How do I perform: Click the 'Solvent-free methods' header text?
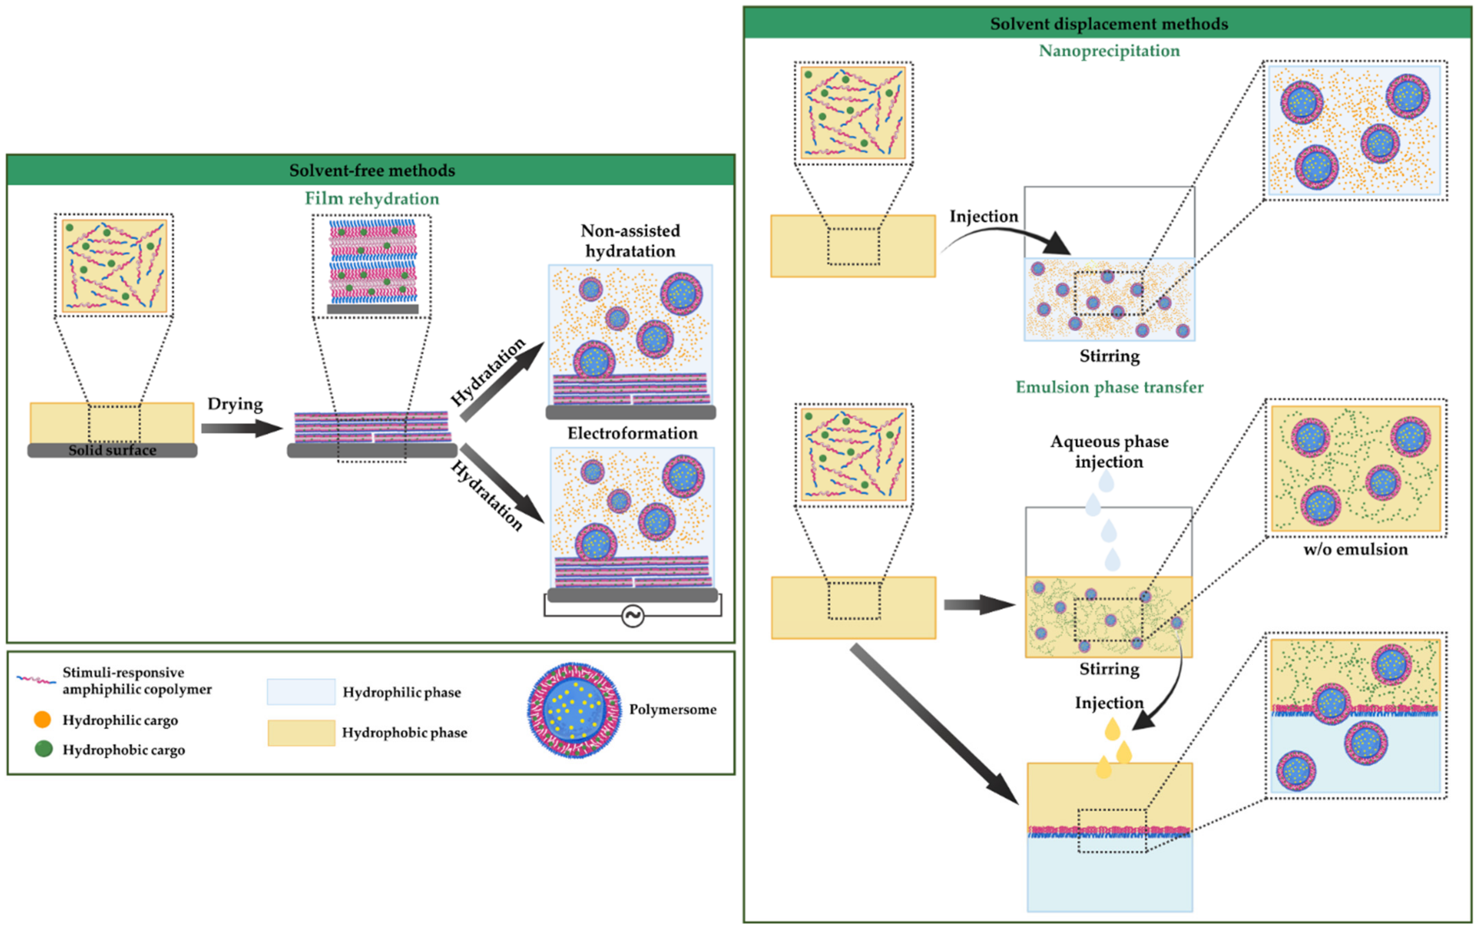372,170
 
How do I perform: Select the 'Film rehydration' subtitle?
372,199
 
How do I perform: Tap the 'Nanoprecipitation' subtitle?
1109,51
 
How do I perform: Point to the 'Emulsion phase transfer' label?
1109,387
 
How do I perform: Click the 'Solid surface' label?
112,450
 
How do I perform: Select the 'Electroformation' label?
632,433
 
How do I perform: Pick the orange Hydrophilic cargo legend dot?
42,719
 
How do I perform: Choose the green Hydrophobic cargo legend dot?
43,749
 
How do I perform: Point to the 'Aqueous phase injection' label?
1109,451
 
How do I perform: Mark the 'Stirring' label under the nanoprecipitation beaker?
1109,356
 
